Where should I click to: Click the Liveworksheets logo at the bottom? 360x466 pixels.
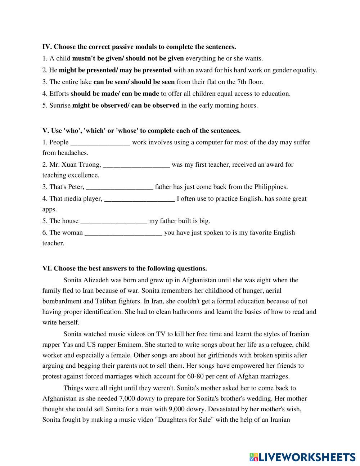click(x=302, y=457)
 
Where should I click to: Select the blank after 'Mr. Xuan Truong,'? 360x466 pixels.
click(x=136, y=165)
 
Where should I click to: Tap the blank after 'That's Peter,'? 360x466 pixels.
click(x=120, y=187)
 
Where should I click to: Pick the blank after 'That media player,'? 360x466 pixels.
click(x=139, y=199)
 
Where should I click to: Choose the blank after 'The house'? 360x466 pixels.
click(x=114, y=221)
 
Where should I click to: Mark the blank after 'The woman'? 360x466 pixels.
click(x=123, y=233)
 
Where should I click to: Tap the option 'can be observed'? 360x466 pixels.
click(x=155, y=106)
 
